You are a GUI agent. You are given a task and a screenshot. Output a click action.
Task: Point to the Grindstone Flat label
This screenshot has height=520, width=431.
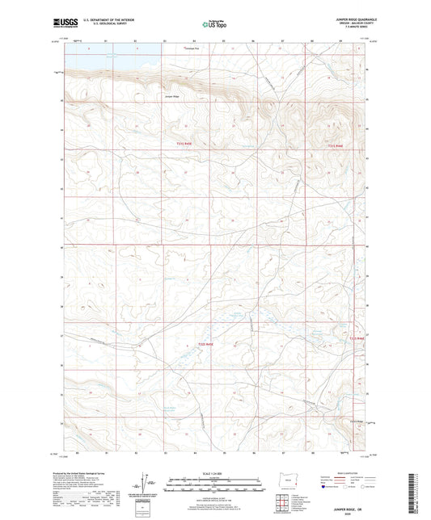pos(190,48)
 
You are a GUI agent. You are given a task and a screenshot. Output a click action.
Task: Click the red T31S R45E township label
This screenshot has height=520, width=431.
pos(185,143)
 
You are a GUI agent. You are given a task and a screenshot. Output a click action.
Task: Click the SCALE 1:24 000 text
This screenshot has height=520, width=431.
pos(214,472)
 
